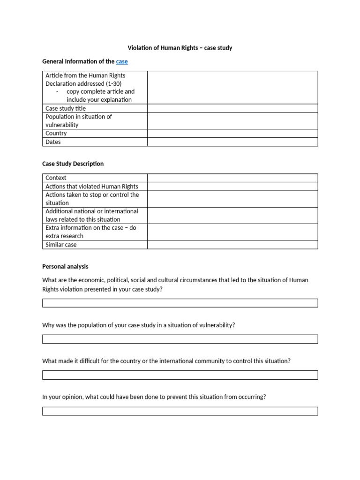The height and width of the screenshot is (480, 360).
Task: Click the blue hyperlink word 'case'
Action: (122, 61)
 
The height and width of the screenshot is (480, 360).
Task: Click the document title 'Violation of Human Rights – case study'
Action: (180, 48)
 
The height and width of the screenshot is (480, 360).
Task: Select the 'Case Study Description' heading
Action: (73, 164)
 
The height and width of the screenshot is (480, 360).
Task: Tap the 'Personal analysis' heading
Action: (65, 266)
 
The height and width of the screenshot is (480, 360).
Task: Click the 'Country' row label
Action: (56, 133)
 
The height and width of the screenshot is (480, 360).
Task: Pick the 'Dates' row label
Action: (53, 142)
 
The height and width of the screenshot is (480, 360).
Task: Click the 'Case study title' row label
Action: (66, 108)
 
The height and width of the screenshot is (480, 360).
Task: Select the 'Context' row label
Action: (56, 178)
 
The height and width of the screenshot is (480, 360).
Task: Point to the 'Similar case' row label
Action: (61, 245)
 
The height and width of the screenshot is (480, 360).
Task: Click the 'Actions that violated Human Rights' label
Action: (91, 186)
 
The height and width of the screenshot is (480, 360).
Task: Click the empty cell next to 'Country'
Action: (232, 133)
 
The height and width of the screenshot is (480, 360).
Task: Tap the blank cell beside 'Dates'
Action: (232, 142)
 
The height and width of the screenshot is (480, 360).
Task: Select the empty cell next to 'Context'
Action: (232, 178)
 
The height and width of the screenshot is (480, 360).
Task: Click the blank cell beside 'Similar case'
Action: (232, 245)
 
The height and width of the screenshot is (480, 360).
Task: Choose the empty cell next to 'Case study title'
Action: (232, 108)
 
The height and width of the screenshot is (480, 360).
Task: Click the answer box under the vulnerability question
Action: (180, 339)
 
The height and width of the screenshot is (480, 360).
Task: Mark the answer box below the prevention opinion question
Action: (180, 411)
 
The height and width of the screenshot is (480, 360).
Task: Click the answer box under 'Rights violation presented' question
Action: (180, 303)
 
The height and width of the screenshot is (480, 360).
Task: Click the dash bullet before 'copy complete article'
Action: (57, 91)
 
